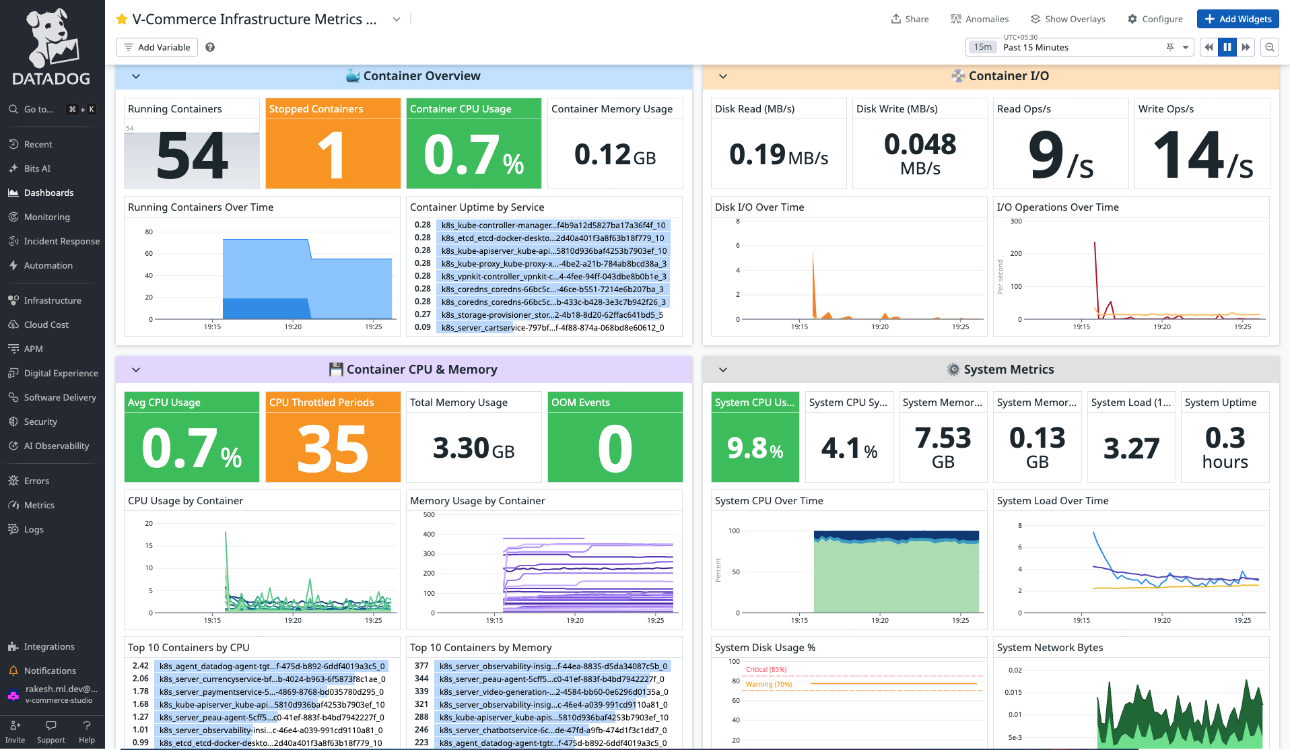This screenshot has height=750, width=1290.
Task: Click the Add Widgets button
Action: click(x=1237, y=19)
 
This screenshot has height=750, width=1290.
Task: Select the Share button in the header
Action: click(x=910, y=19)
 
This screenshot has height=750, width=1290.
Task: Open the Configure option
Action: click(x=1155, y=19)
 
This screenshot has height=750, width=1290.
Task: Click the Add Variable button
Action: click(x=157, y=47)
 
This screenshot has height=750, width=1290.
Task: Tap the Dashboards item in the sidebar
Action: click(x=48, y=193)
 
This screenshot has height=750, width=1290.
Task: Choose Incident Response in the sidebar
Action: click(x=61, y=241)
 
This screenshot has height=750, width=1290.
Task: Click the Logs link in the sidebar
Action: click(x=34, y=529)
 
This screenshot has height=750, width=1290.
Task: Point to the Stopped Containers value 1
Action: click(x=333, y=155)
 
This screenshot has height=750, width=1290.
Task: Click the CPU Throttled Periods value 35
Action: click(x=333, y=448)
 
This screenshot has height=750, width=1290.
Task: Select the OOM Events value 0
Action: click(x=615, y=448)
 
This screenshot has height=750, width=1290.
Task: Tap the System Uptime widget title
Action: click(x=1220, y=403)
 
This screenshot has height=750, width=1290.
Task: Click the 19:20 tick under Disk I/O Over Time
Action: click(x=880, y=327)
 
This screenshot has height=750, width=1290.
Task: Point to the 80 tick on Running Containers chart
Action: click(x=149, y=232)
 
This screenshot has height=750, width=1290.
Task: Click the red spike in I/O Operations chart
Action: click(x=1095, y=256)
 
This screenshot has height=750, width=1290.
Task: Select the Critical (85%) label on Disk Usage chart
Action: click(x=766, y=669)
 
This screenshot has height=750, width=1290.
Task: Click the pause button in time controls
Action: click(x=1227, y=47)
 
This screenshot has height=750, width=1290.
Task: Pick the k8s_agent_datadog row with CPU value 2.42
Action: click(x=271, y=666)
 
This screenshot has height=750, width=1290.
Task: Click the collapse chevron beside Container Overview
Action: click(x=136, y=76)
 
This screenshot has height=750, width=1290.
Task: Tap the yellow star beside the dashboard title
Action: click(x=122, y=20)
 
